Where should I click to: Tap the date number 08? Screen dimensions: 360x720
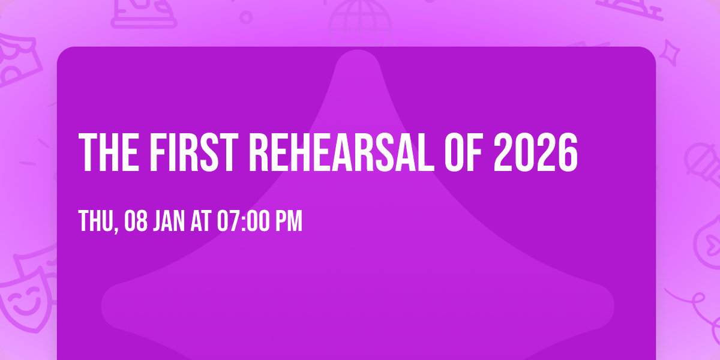[136, 221]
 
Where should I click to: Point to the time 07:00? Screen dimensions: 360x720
[244, 221]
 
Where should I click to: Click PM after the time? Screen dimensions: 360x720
[288, 221]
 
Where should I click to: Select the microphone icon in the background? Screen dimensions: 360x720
[700, 159]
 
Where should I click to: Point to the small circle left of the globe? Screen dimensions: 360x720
[246, 17]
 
